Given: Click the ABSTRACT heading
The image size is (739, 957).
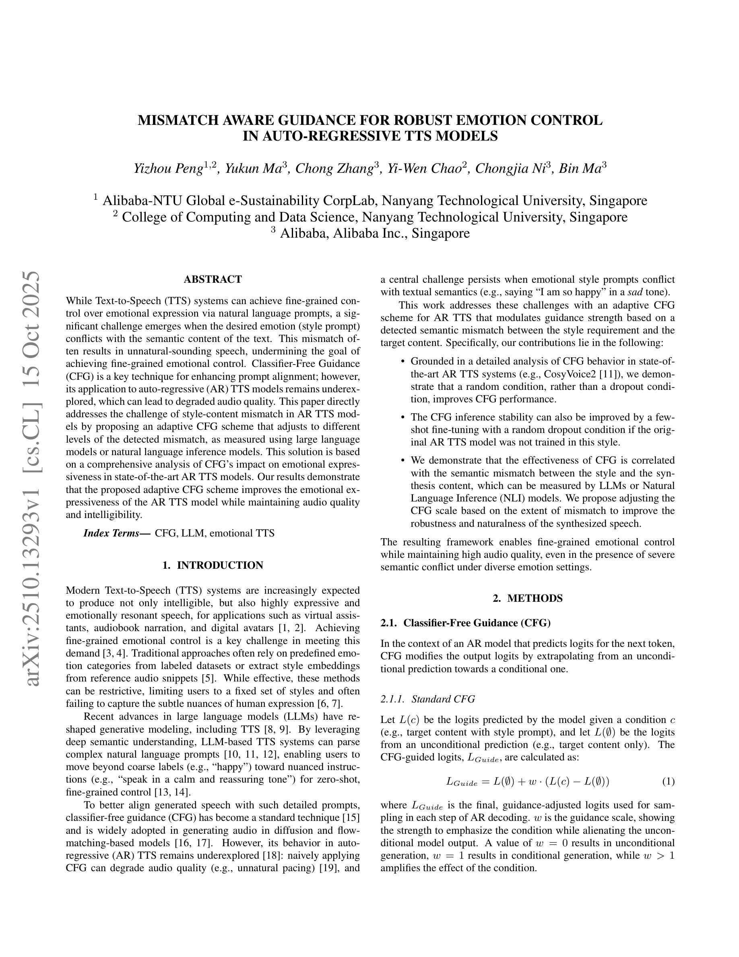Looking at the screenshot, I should (x=213, y=279).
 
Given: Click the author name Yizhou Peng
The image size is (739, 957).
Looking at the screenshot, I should (x=169, y=168).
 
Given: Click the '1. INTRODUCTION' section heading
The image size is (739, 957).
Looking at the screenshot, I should (x=213, y=565).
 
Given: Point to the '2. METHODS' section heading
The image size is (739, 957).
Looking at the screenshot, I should (x=528, y=598).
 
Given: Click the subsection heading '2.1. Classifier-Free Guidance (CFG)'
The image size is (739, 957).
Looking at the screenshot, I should (x=465, y=623).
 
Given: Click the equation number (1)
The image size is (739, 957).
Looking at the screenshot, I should (x=668, y=781).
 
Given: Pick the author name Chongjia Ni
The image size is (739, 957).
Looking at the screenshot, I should (x=508, y=168).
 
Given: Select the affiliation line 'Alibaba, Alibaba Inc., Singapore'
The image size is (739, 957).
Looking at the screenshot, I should (x=374, y=233).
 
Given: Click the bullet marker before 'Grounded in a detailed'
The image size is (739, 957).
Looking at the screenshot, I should (x=403, y=362).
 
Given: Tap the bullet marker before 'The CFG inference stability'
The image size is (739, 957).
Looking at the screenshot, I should (x=403, y=417).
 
